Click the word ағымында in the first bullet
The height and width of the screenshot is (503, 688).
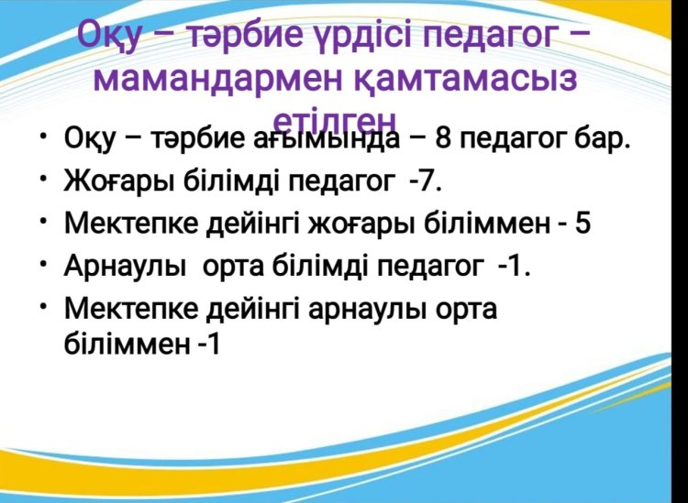[x=327, y=139]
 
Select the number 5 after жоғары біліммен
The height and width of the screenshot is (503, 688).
[x=583, y=224]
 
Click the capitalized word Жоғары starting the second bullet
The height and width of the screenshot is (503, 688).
[x=118, y=181]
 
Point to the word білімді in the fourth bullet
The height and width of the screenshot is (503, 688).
[x=320, y=266]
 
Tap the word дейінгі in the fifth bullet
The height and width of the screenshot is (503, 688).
[x=253, y=310]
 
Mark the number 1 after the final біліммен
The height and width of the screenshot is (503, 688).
[x=213, y=344]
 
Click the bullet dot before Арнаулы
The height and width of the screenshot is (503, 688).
[x=42, y=263]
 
